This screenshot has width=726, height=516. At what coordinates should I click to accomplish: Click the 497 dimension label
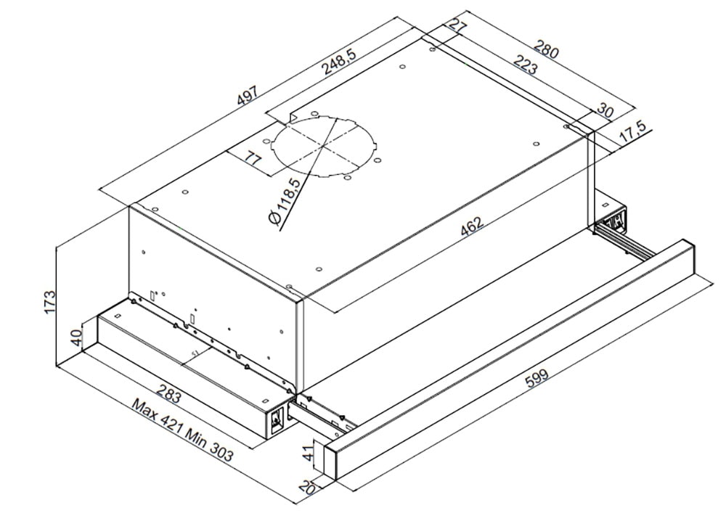coord(248,97)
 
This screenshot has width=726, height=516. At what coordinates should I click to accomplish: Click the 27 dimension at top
coord(457,27)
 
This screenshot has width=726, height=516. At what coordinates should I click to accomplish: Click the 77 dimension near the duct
coord(253,159)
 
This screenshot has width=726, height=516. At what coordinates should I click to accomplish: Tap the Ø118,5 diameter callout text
coord(285,202)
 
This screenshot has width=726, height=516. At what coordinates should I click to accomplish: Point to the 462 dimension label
coord(472,226)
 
